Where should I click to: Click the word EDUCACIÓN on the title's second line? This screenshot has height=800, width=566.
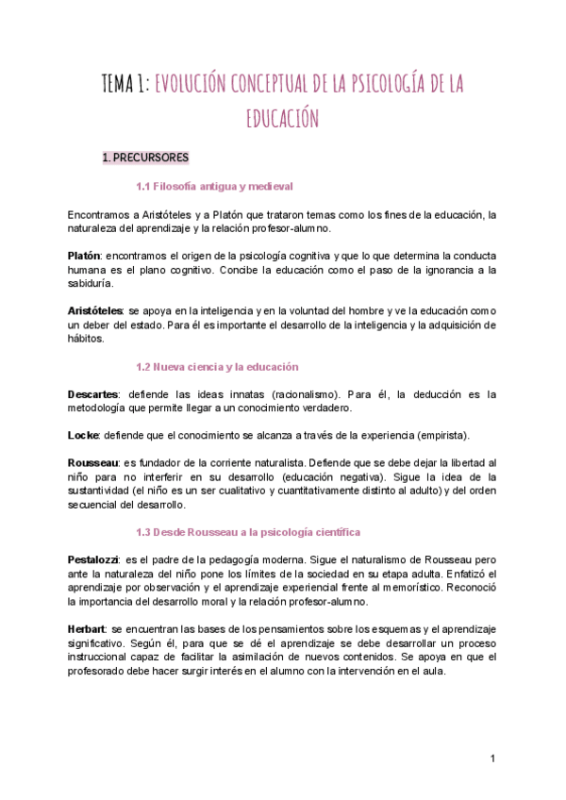tap(283, 119)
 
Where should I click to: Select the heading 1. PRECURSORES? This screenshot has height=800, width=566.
tap(145, 158)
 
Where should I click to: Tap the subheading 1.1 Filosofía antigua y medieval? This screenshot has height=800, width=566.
tap(214, 186)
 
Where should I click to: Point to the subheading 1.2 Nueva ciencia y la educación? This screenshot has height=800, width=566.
tap(217, 366)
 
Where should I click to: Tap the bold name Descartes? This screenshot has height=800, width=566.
tap(93, 394)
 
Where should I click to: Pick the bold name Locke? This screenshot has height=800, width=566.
tap(82, 435)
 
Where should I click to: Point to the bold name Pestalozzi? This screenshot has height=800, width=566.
tap(95, 560)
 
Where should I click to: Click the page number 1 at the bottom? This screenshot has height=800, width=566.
tap(492, 758)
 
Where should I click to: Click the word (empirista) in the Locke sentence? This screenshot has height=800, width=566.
tap(438, 435)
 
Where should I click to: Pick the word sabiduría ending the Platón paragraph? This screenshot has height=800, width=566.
tap(90, 283)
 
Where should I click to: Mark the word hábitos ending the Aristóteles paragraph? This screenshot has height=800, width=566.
tap(86, 339)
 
